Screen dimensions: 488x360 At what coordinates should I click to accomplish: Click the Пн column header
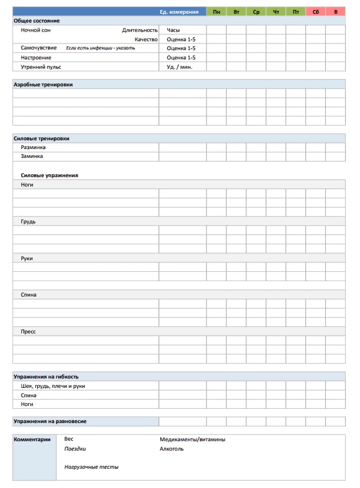point(216,12)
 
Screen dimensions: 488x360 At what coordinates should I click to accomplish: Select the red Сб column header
point(315,12)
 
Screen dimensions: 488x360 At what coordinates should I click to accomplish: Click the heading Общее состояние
point(36,21)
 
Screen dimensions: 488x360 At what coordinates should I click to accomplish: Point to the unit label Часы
point(173,30)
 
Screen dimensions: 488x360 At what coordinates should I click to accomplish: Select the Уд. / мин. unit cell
point(179,67)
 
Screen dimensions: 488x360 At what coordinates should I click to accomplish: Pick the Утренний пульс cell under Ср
point(256,67)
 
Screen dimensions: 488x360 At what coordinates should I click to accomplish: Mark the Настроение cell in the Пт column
point(296,58)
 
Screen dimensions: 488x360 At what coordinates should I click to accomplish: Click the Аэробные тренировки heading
point(43,85)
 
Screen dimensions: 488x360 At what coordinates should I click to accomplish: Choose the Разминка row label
point(33,147)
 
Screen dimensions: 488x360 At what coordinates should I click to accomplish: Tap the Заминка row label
point(32,156)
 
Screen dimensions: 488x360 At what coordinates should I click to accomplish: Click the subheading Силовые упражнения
point(50,176)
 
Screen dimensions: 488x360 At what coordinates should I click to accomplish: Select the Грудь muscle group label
point(28,222)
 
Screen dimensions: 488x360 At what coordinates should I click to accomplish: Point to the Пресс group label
point(29,332)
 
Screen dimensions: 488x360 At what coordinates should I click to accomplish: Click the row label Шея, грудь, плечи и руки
point(53,386)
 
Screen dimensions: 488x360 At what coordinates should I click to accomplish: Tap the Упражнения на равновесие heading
point(50,421)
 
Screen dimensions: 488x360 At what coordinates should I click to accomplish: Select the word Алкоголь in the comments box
point(172,449)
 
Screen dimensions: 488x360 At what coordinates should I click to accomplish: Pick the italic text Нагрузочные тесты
point(91,467)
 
